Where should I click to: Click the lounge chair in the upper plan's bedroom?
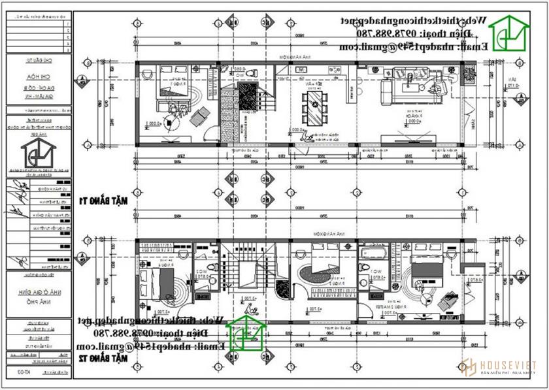pyautogui.click(x=200, y=116)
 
